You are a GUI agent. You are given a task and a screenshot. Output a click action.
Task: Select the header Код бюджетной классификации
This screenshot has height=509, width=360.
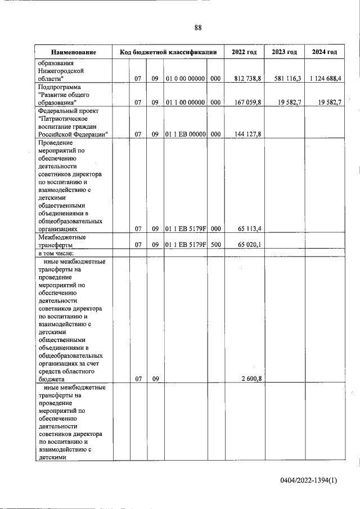(168, 52)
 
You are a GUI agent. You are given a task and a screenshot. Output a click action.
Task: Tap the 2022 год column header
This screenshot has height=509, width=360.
(244, 52)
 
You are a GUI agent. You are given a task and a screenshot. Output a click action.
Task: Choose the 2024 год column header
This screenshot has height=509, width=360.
(324, 52)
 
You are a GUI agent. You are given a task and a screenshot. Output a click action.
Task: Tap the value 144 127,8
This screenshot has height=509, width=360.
(247, 133)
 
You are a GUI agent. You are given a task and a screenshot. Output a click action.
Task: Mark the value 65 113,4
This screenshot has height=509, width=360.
(247, 229)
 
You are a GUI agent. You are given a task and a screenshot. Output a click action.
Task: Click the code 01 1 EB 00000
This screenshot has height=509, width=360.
(185, 133)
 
